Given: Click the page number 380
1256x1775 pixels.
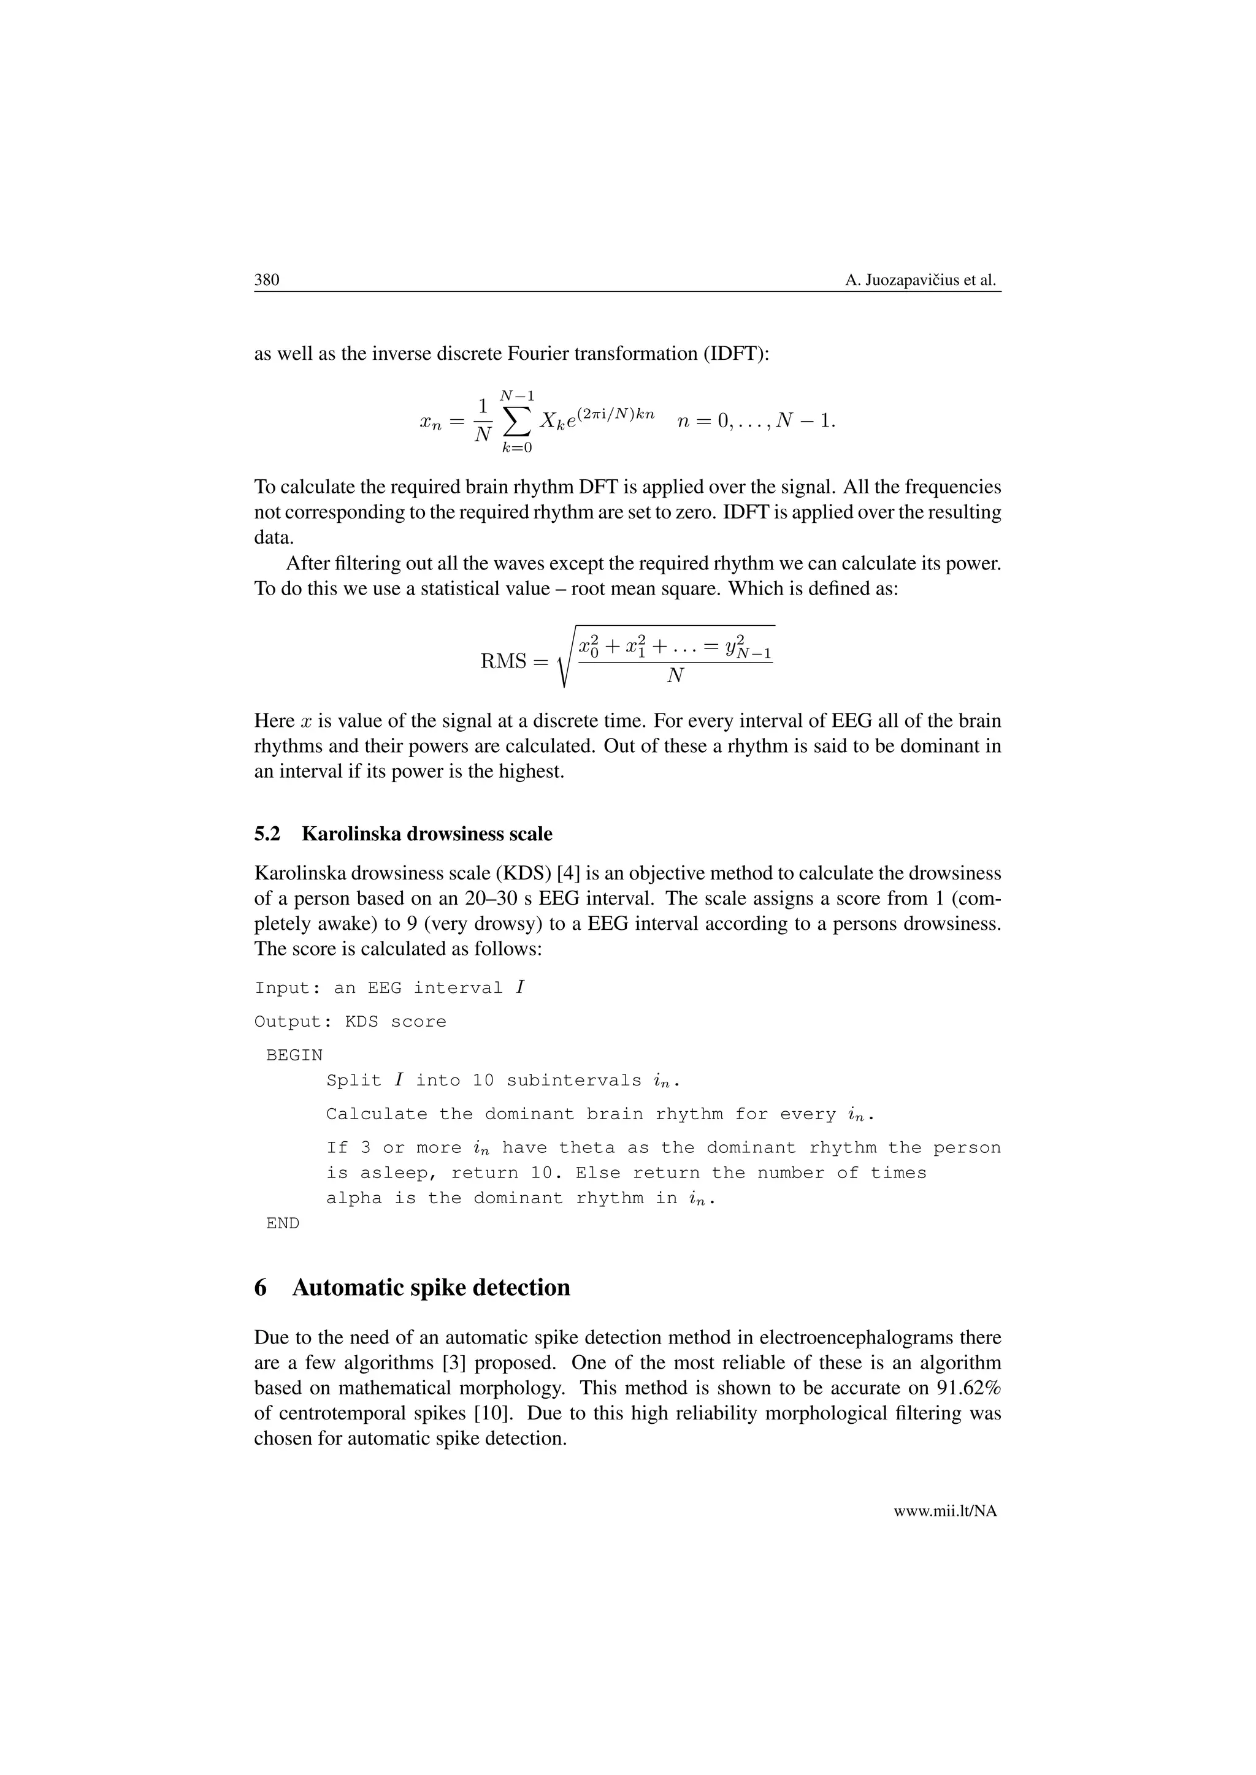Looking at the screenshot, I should pos(266,280).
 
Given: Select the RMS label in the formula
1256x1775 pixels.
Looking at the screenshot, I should pos(504,662).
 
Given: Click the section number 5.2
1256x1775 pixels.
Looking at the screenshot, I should pos(267,834).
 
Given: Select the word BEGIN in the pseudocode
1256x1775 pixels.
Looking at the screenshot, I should pos(294,1055).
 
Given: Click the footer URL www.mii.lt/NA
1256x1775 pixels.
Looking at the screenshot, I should pos(945,1511).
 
